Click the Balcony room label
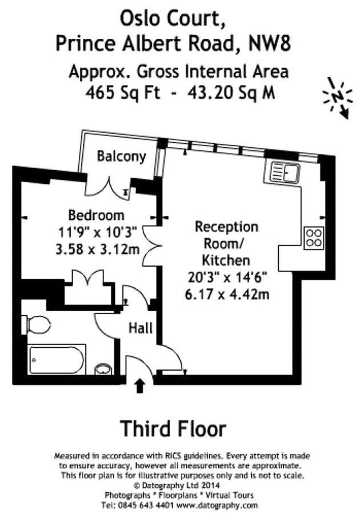click(121, 156)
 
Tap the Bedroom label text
click(96, 216)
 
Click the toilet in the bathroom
click(37, 324)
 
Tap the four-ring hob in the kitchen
click(314, 237)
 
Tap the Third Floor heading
click(173, 428)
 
